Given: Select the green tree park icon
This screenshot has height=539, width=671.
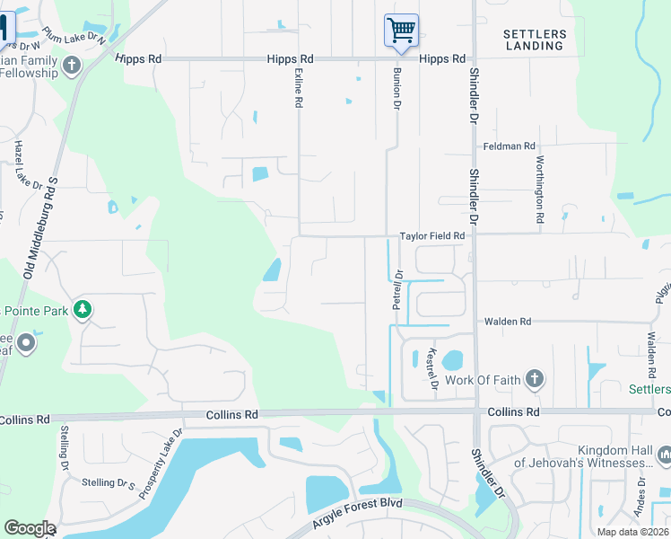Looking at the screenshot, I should [x=83, y=310].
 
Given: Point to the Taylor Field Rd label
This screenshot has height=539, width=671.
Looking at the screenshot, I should [x=431, y=236].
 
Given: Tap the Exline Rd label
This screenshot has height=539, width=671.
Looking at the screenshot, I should [x=297, y=90].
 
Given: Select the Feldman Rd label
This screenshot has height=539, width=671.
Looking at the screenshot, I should [x=509, y=146].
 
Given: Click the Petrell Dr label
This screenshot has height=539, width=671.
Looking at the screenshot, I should [x=398, y=289].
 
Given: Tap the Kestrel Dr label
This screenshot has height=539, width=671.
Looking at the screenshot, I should [x=433, y=367].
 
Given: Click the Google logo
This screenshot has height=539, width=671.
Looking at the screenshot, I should [x=29, y=527].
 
